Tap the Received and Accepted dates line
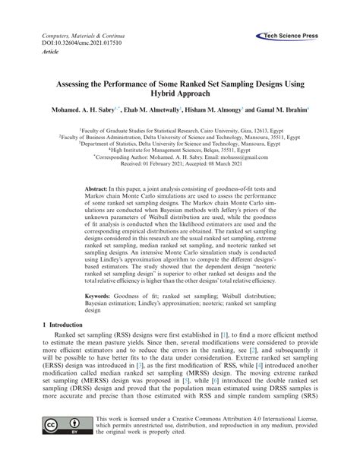[x=180, y=164]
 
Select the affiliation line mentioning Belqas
[x=180, y=151]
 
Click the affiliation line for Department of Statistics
[x=180, y=144]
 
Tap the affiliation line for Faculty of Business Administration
[x=180, y=137]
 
